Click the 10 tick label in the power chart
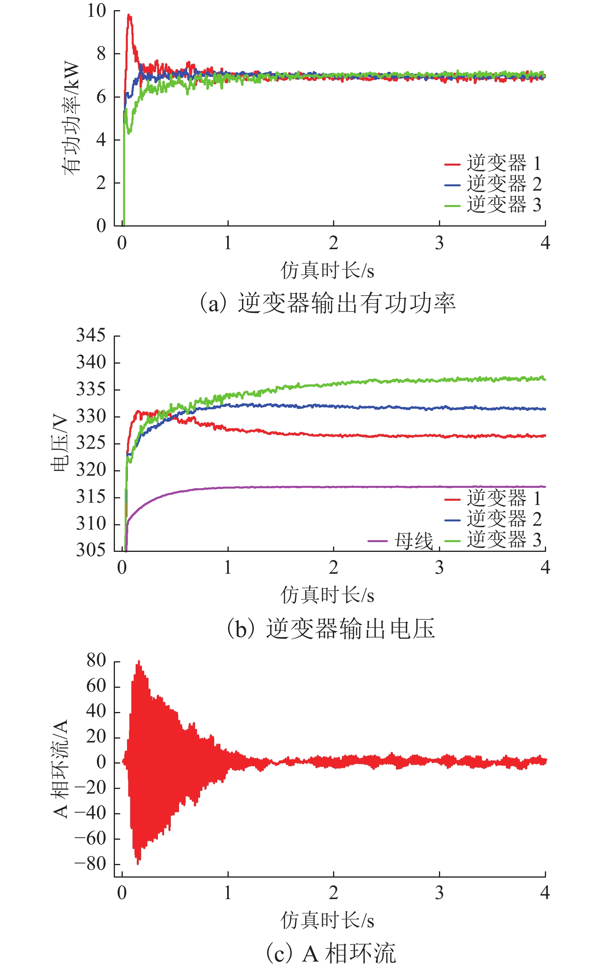point(97,11)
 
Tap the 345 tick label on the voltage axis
point(91,335)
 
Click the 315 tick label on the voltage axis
point(91,497)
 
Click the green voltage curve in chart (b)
point(397,381)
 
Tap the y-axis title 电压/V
point(59,443)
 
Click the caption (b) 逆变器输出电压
point(330,628)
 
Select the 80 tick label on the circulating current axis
point(97,660)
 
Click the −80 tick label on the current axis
point(90,864)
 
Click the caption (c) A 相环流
point(330,953)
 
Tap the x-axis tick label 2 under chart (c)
point(333,892)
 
